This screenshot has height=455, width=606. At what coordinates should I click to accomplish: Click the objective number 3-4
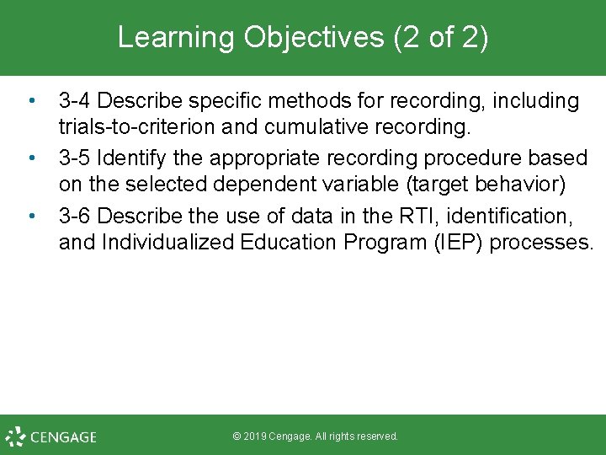76,102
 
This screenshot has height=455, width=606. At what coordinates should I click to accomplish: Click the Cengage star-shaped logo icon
15,436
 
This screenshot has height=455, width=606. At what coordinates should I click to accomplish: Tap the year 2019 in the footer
256,436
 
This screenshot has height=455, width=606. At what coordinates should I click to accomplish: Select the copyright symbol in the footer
237,436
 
